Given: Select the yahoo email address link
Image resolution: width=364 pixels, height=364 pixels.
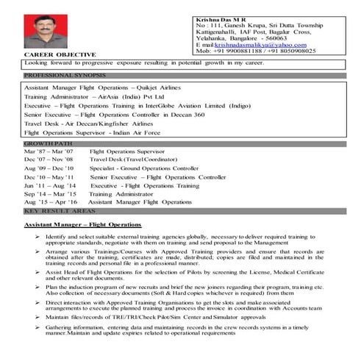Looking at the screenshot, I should pos(251,44).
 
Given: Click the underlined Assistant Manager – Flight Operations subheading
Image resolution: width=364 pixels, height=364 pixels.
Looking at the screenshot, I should pos(82,223).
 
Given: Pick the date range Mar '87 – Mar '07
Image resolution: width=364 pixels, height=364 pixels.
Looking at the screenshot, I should pos(49,151).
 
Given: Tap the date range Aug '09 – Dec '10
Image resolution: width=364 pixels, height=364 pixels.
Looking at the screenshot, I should pos(49,168).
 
